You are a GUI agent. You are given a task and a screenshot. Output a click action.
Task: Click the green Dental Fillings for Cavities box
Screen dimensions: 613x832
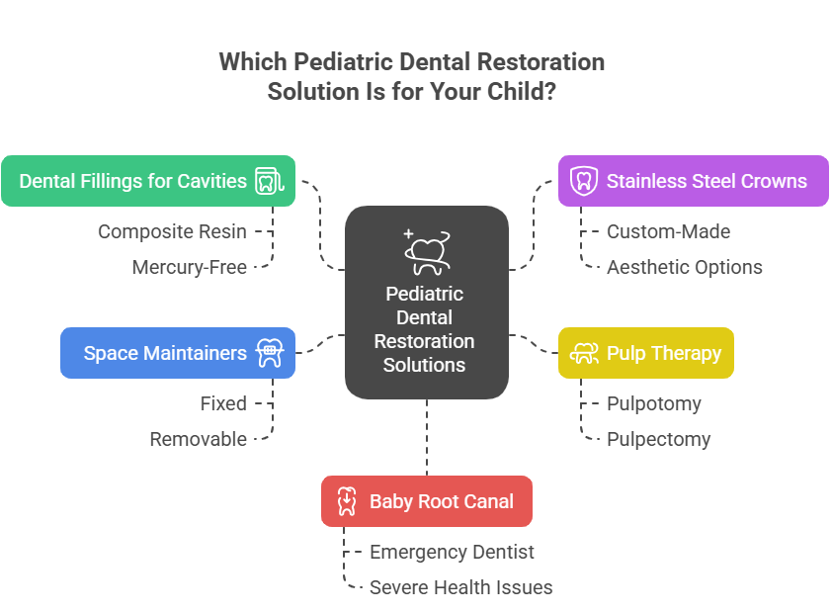pyautogui.click(x=148, y=181)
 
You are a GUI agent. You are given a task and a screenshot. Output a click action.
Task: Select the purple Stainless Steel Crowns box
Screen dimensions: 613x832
pyautogui.click(x=693, y=181)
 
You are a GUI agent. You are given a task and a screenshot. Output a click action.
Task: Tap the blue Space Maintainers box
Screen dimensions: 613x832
pyautogui.click(x=178, y=353)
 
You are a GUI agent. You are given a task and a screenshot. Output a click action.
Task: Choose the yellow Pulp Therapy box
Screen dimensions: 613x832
pyautogui.click(x=646, y=353)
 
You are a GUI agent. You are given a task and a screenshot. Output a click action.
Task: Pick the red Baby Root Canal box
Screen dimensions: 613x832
pyautogui.click(x=427, y=501)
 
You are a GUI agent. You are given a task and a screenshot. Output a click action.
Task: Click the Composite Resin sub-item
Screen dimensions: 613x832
pyautogui.click(x=172, y=231)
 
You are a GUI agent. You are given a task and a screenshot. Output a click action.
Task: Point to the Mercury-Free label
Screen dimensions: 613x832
pyautogui.click(x=189, y=267)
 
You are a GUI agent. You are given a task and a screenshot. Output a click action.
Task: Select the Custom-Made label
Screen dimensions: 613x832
pyautogui.click(x=668, y=231)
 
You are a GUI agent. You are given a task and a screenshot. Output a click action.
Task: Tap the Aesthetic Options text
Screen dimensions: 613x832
pyautogui.click(x=684, y=267)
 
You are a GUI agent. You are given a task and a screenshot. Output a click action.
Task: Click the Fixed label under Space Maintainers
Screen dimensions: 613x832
pyautogui.click(x=222, y=403)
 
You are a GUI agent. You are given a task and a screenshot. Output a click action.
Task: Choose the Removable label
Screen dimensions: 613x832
pyautogui.click(x=198, y=439)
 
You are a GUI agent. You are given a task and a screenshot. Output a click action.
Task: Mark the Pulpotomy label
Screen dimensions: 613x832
pyautogui.click(x=653, y=403)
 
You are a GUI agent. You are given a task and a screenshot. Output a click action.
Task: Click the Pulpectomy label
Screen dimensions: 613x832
pyautogui.click(x=658, y=439)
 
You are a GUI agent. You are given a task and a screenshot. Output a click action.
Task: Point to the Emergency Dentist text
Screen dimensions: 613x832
pyautogui.click(x=452, y=552)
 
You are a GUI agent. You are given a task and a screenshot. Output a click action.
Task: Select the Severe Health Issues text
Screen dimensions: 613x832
pyautogui.click(x=460, y=587)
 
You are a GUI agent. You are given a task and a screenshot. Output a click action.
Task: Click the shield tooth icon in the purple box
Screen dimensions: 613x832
pyautogui.click(x=584, y=181)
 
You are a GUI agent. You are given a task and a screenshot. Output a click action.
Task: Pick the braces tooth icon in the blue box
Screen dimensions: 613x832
pyautogui.click(x=269, y=353)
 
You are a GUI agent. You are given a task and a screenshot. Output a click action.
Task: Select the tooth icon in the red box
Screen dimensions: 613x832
pyautogui.click(x=347, y=501)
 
